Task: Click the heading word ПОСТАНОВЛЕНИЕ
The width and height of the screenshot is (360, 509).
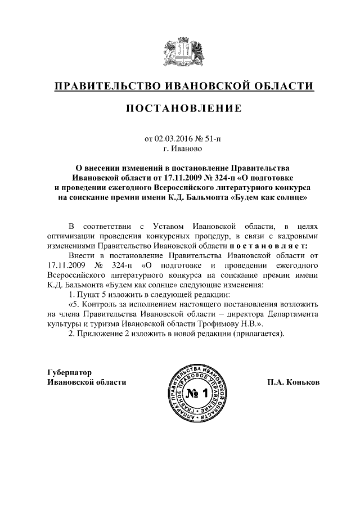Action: tap(183, 108)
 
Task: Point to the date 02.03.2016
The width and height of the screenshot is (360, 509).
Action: tap(173, 137)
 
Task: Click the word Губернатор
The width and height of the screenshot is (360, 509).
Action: tap(69, 372)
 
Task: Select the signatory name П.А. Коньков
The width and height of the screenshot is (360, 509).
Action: tap(293, 382)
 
